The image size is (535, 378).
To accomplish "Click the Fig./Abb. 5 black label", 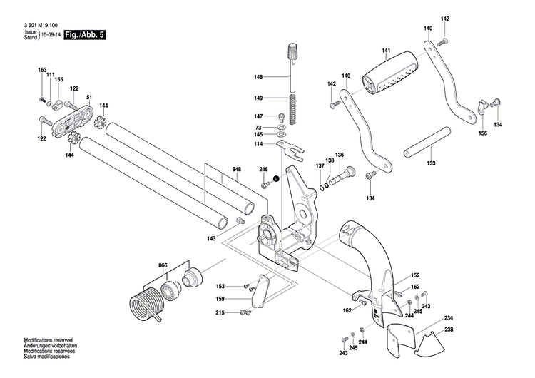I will pos(85,34).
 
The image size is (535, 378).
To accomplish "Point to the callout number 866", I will pos(163,265).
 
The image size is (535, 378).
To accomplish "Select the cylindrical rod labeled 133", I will pos(427,145).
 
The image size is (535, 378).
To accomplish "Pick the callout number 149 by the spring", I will pos(258,98).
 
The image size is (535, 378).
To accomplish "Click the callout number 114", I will pos(258,145).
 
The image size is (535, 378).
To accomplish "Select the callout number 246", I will pos(263,169).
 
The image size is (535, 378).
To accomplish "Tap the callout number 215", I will pos(220,312).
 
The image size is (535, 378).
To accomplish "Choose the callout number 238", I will pos(449,330).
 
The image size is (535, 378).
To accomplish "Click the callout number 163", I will pos(42,69).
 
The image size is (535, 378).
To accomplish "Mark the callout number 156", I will pos(483,133).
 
